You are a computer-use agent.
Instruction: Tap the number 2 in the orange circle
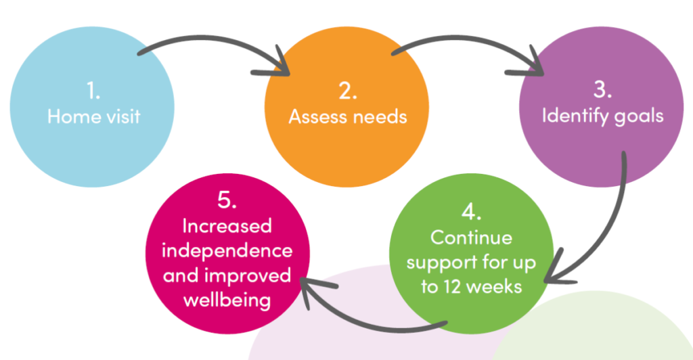point(347,91)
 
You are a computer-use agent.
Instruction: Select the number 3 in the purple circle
point(602,90)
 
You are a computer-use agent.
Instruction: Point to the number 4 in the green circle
point(471,212)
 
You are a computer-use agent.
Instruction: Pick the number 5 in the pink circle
point(227,200)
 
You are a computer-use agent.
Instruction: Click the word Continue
point(471,238)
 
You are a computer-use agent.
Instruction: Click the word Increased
point(227,226)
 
